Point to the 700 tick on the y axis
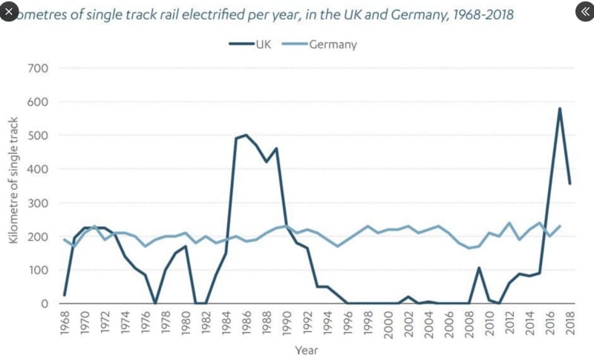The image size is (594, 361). [39, 68]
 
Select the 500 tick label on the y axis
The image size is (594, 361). [39, 136]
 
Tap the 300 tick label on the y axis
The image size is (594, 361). [39, 203]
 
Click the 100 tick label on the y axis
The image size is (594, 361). [39, 270]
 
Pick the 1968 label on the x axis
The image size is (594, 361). [64, 324]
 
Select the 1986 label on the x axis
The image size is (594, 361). [247, 324]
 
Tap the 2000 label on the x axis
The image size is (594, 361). [388, 324]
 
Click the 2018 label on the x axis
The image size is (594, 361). [570, 324]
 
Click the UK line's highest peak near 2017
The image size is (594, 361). [559, 109]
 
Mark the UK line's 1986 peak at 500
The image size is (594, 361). [246, 135]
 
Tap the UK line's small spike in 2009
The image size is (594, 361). [479, 268]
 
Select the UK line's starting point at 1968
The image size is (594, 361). [64, 295]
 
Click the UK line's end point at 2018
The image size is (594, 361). [570, 184]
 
